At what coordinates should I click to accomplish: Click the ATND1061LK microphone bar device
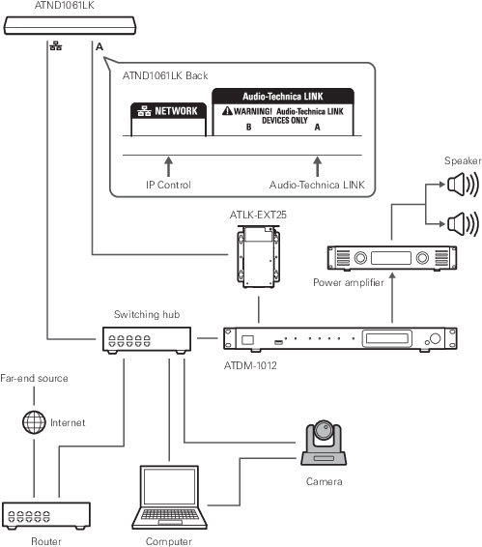click(x=70, y=25)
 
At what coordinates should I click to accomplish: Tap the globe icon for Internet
click(x=34, y=422)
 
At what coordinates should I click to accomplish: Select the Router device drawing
click(x=46, y=516)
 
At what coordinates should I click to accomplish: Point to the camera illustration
click(x=324, y=443)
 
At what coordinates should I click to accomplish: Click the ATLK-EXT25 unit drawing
click(x=259, y=257)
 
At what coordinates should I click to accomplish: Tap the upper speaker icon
click(x=463, y=185)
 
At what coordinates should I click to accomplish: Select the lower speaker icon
click(x=463, y=223)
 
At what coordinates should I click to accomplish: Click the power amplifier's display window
click(x=391, y=258)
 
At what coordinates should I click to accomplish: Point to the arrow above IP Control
click(x=168, y=166)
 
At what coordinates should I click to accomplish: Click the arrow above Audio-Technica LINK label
click(x=317, y=166)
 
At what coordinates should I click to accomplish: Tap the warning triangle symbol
click(x=227, y=110)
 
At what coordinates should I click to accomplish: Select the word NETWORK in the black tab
click(x=176, y=111)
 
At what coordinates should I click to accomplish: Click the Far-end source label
click(x=34, y=378)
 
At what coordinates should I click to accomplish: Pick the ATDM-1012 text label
click(x=250, y=365)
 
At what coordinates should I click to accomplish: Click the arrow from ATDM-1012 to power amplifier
click(x=392, y=298)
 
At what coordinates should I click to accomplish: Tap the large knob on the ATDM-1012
click(x=435, y=338)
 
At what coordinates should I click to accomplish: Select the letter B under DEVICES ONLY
click(x=248, y=127)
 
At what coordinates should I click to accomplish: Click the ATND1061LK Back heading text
click(x=165, y=75)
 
